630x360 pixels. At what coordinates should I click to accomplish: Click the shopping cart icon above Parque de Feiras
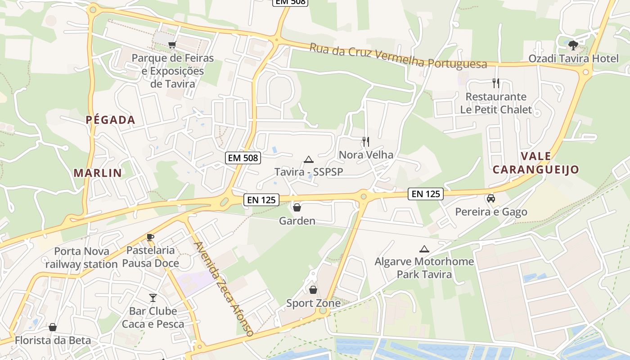(172, 44)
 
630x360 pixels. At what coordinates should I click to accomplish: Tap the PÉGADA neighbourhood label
(111, 120)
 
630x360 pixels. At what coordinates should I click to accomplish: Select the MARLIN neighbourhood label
(98, 173)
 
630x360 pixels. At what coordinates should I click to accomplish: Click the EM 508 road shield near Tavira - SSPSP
(243, 157)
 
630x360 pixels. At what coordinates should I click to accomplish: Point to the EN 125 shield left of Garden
(261, 200)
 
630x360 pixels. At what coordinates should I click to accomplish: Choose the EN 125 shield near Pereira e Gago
(426, 194)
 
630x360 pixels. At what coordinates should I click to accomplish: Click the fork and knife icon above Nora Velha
(365, 142)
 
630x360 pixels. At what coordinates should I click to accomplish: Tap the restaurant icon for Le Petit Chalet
(496, 83)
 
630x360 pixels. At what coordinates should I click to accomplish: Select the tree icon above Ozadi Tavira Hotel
(573, 45)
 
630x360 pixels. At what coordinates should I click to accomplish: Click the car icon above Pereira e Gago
(491, 198)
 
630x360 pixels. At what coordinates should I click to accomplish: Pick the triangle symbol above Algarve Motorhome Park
(424, 249)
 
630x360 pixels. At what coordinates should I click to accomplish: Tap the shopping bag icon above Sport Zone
(313, 290)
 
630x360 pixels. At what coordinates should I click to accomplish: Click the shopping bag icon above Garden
(297, 207)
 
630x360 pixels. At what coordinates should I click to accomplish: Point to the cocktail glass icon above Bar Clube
(153, 297)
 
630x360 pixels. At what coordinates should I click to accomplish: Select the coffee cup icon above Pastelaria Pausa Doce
(150, 237)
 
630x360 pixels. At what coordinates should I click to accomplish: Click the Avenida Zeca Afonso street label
(224, 288)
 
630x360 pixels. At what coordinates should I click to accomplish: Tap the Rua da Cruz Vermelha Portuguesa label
(398, 56)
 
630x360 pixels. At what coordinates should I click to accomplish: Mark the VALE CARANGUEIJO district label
(535, 163)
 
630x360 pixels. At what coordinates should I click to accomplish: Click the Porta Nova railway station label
(81, 257)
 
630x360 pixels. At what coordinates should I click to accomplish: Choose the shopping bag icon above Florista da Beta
(53, 327)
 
